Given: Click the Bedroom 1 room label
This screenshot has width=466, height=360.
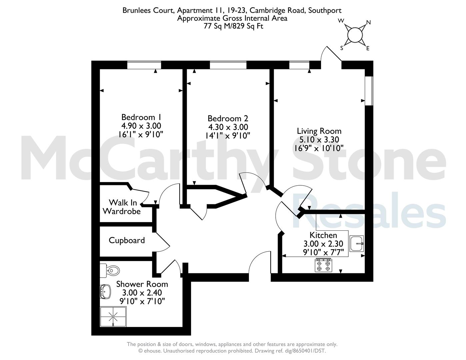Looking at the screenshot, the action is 141,117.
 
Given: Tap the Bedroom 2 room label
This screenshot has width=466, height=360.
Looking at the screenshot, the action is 228,118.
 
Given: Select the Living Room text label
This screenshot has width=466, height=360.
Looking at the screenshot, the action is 319,131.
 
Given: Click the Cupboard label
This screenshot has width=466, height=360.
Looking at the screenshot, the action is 127,240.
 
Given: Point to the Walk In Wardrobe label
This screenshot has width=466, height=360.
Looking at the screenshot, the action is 122,207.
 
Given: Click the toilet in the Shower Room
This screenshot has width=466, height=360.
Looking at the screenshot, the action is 110,271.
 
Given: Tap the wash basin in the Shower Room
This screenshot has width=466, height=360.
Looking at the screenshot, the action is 106,291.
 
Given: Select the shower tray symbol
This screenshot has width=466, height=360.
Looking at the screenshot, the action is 113,317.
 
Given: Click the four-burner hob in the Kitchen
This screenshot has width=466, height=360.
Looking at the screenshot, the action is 323,265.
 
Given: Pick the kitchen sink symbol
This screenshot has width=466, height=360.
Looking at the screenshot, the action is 357,244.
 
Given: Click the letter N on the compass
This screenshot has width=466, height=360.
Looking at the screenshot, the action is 368,22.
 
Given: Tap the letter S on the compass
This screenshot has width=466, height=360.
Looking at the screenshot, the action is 342,48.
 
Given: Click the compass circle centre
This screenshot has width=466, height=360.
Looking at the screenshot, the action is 355,35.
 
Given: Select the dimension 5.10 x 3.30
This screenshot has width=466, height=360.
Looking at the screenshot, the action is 319,140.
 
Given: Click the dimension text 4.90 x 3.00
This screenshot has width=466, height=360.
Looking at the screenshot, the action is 141,126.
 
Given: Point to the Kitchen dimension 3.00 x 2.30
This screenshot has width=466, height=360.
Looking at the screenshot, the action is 323,244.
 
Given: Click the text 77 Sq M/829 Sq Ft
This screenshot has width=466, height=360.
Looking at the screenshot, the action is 234,26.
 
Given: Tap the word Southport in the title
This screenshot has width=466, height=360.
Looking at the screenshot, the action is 325,10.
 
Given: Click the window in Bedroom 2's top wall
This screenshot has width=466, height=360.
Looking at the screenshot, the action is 228,65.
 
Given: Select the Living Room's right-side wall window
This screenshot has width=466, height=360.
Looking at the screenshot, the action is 369,91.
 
